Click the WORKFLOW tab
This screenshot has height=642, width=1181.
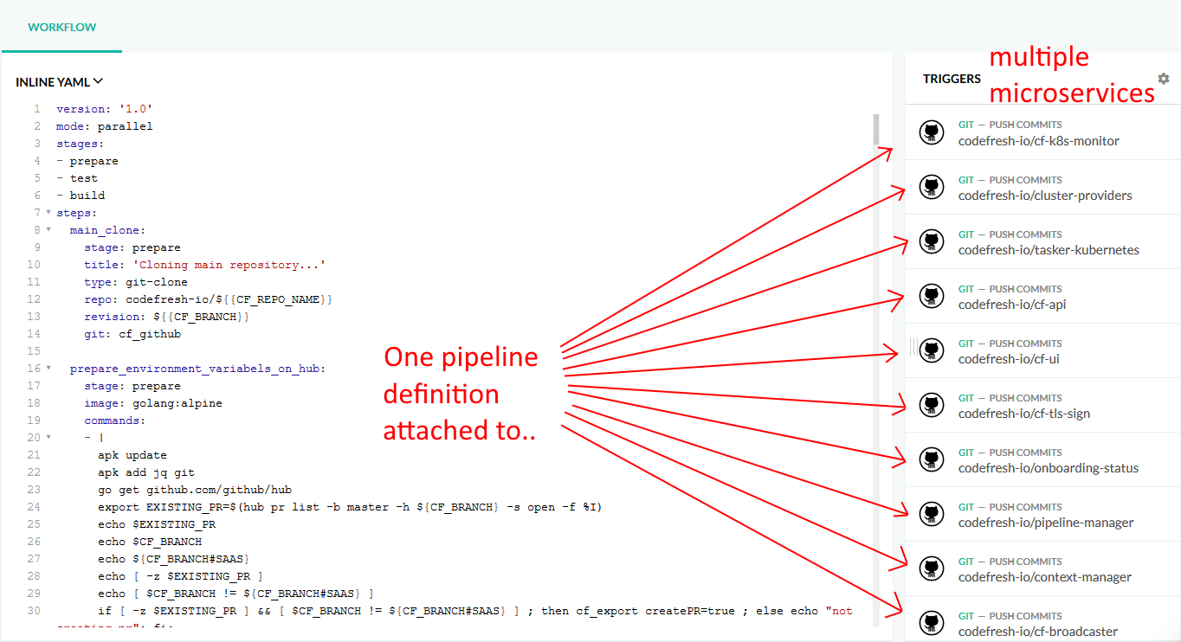tap(61, 27)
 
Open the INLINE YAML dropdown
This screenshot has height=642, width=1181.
tap(59, 81)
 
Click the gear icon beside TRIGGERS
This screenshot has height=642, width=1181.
tap(1164, 79)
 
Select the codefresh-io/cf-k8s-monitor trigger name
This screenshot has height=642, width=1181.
tap(1038, 141)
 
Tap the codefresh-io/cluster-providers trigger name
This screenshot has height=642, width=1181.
tap(1045, 196)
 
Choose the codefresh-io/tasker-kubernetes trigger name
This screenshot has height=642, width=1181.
tap(1049, 250)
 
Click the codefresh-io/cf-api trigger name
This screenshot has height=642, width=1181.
tap(1012, 305)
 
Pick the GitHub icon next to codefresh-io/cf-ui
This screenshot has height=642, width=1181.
tap(932, 350)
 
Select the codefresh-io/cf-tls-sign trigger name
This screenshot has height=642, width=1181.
tap(1024, 414)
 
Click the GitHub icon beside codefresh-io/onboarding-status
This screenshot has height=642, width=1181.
tap(932, 459)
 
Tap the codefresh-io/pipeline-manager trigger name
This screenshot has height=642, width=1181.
tap(1046, 523)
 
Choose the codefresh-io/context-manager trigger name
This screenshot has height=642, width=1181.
tap(1044, 577)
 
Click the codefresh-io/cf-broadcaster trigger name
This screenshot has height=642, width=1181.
tap(1037, 632)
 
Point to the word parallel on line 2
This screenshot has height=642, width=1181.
tap(125, 126)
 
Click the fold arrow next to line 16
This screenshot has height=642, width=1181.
tap(48, 368)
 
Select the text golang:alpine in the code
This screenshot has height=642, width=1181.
tap(177, 403)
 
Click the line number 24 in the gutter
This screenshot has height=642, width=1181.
tap(34, 507)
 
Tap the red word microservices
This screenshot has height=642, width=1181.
tap(1072, 93)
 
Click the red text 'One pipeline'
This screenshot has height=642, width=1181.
tap(461, 357)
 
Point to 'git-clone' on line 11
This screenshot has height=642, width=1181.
tap(157, 282)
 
